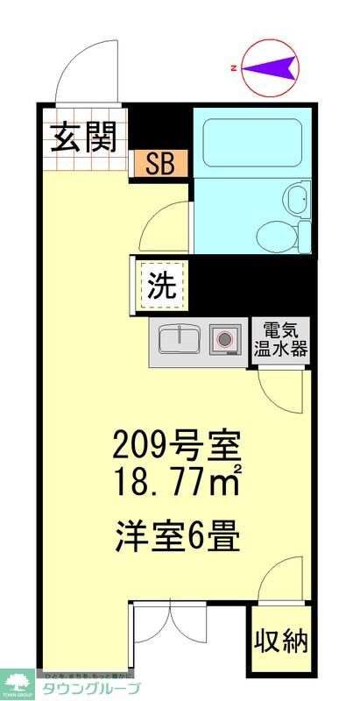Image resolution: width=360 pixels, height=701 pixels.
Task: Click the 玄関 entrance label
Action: click(84, 138)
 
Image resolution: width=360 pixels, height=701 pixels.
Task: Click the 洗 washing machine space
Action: click(161, 285)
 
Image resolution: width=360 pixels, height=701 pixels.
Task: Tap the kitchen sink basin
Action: click(181, 338)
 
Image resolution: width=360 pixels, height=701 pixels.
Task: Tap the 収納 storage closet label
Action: click(281, 641)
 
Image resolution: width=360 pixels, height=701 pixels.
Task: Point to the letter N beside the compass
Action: click(233, 67)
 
